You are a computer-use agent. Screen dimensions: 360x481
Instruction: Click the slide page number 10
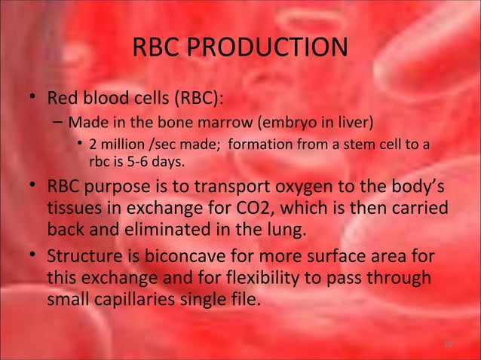click(x=448, y=344)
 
